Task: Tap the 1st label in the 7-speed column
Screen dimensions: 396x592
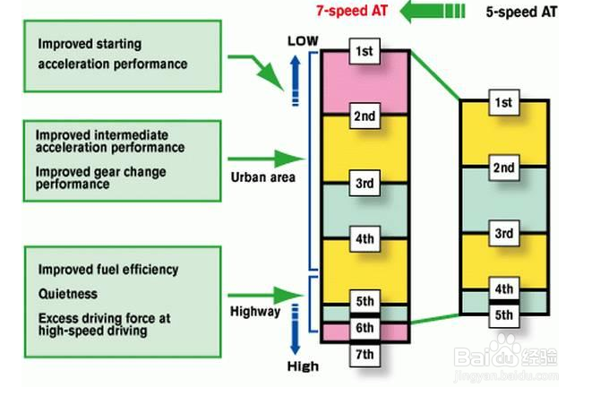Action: tap(364, 50)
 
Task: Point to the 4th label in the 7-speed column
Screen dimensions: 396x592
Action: tap(364, 239)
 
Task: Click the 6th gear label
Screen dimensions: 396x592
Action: tap(364, 329)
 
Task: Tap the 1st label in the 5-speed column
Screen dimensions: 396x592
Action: tap(502, 103)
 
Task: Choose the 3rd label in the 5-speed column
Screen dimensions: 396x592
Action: tap(502, 233)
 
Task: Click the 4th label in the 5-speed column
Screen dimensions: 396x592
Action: tap(502, 289)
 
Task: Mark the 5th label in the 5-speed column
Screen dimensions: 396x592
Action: tap(502, 314)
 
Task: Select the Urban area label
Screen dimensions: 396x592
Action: tap(262, 177)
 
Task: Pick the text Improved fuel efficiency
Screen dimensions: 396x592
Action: tap(108, 269)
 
